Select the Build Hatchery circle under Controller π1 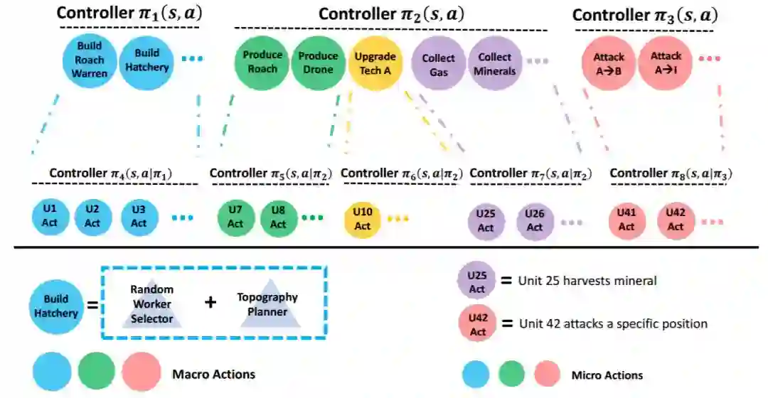(x=146, y=62)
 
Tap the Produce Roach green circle (x=262, y=62)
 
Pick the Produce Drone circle (x=318, y=62)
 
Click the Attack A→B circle (x=609, y=62)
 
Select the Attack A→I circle (x=666, y=62)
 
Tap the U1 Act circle (x=49, y=217)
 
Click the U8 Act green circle (x=278, y=217)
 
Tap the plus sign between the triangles (x=210, y=302)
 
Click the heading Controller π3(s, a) (x=644, y=15)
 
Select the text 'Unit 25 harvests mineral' (x=587, y=281)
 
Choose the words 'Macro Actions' (x=213, y=374)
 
